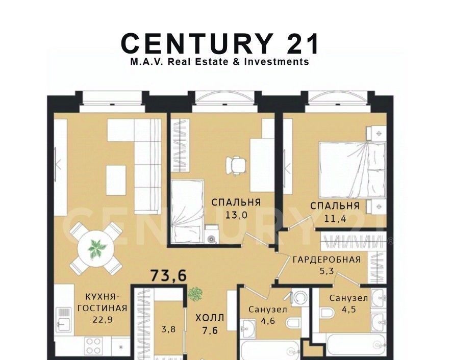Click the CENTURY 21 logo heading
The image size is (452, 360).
(x=220, y=43)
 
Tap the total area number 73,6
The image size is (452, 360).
(x=169, y=275)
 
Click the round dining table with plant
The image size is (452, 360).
(x=96, y=249)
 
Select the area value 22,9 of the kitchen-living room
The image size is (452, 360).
(x=103, y=319)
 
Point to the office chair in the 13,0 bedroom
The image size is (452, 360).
(x=236, y=165)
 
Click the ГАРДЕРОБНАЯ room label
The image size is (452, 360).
(x=327, y=260)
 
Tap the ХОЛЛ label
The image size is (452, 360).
(x=210, y=318)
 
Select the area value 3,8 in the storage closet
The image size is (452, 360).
(x=168, y=329)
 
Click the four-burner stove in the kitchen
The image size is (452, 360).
(x=94, y=346)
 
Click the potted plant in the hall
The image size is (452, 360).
(x=195, y=294)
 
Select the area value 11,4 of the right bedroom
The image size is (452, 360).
(x=335, y=219)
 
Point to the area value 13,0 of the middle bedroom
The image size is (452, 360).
(x=236, y=215)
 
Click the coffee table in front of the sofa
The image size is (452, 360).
(x=116, y=180)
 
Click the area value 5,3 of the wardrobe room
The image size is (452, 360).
(x=327, y=271)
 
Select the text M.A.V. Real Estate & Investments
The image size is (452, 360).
(x=220, y=62)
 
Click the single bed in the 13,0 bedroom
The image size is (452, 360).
(x=187, y=211)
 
